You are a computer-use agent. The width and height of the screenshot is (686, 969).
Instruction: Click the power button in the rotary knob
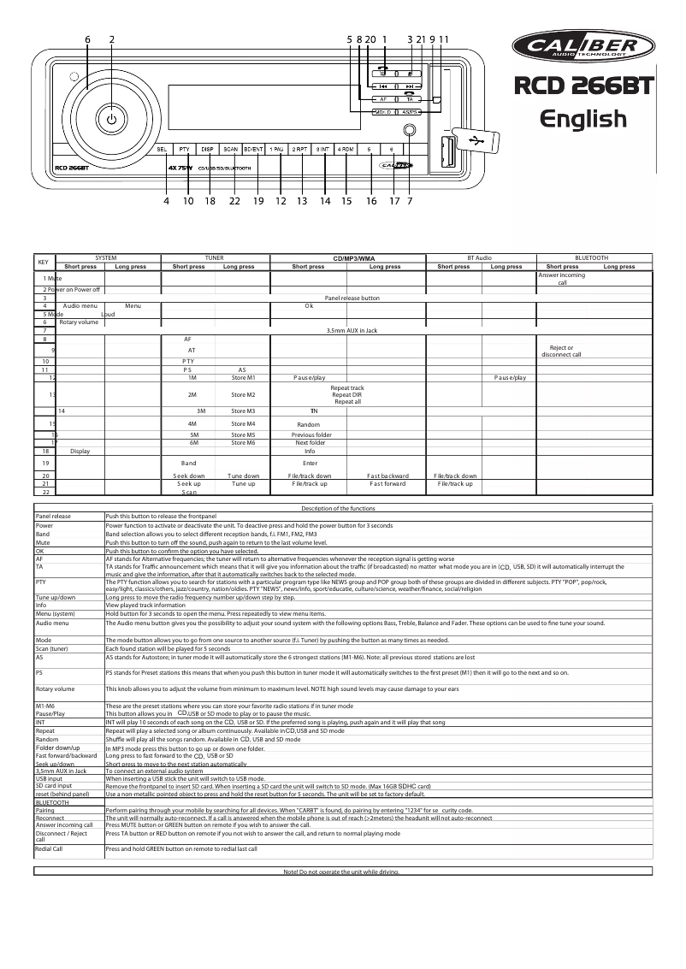pos(111,119)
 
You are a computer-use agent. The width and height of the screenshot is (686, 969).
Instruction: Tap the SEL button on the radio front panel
pos(160,149)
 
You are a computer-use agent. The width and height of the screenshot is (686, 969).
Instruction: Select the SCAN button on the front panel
pos(230,149)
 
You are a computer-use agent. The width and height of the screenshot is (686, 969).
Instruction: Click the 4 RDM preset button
pos(346,149)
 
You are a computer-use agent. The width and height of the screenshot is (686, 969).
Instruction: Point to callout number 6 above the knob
pos(87,38)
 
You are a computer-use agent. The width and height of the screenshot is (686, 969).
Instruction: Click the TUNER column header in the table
pos(215,257)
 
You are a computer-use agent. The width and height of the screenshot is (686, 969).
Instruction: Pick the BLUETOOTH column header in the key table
pos(592,257)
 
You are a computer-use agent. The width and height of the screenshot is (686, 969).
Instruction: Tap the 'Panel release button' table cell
pos(352,298)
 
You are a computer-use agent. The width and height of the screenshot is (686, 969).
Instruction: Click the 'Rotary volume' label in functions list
pos(54,688)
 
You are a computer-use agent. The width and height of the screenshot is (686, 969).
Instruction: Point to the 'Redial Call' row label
pos(49,848)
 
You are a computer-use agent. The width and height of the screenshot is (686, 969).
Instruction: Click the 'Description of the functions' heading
pos(339,509)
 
